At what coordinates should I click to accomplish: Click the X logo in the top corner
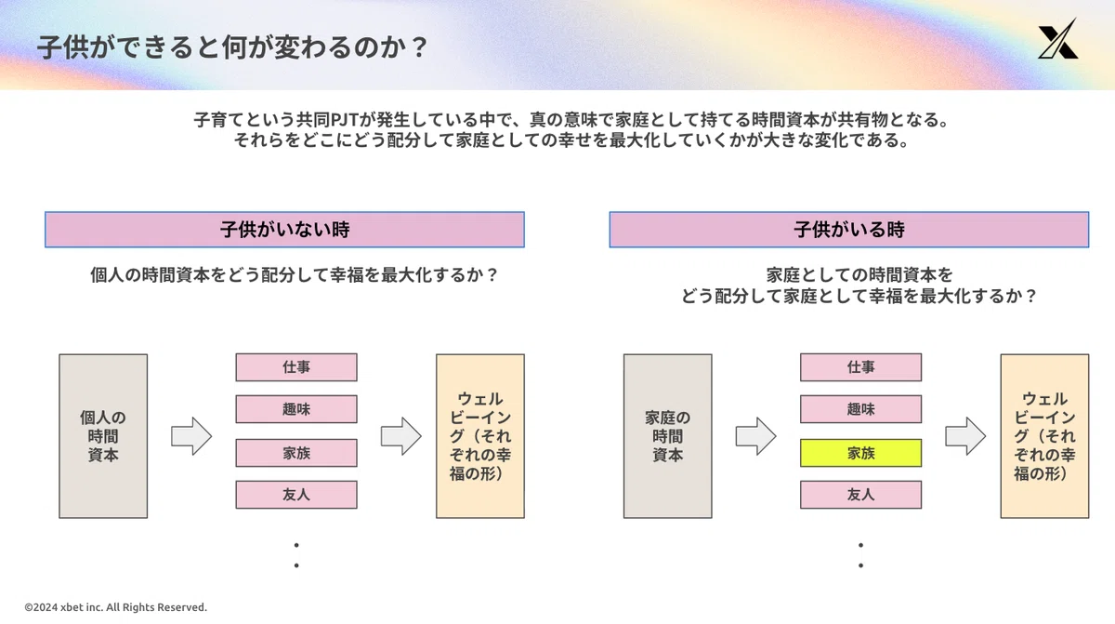tap(1058, 39)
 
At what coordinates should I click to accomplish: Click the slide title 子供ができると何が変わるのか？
tap(232, 47)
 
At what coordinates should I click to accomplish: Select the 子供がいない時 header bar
tap(284, 230)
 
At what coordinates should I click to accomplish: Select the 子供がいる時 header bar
tap(849, 230)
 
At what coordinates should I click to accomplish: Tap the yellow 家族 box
tap(860, 453)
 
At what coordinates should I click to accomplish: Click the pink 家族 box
tap(296, 453)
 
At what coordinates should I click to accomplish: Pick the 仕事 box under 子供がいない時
tap(296, 367)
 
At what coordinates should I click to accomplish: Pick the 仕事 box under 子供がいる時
tap(860, 367)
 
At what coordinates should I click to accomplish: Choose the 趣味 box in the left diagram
tap(296, 409)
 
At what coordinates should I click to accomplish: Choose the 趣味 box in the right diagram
tap(860, 409)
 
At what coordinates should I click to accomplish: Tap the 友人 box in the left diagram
tap(296, 495)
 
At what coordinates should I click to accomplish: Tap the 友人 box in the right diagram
tap(860, 495)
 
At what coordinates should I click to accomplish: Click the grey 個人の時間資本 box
tap(103, 436)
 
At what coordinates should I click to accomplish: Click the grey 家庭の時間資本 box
tap(667, 436)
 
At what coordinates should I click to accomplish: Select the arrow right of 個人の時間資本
tap(191, 436)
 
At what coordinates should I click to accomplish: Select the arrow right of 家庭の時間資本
tap(756, 436)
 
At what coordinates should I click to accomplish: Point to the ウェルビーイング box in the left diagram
tap(480, 436)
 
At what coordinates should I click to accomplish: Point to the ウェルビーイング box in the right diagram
tap(1044, 436)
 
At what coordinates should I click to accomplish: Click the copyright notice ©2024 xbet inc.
tap(115, 607)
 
